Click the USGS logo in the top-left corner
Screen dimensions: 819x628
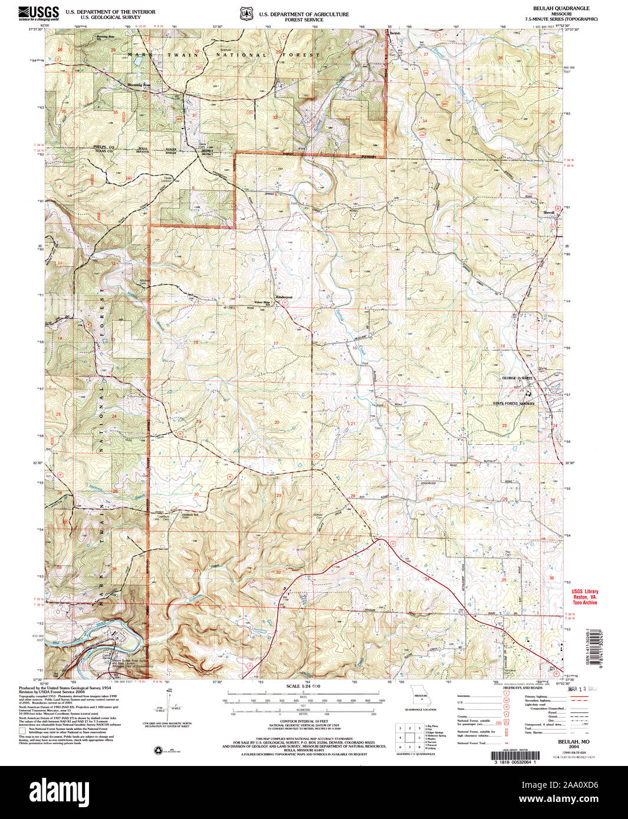(x=39, y=13)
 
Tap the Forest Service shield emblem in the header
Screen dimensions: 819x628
(x=245, y=14)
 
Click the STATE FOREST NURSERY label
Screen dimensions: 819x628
(x=514, y=404)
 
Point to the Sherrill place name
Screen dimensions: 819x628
(x=549, y=212)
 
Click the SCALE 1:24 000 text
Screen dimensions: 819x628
(x=303, y=686)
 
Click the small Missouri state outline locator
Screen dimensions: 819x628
(x=421, y=693)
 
